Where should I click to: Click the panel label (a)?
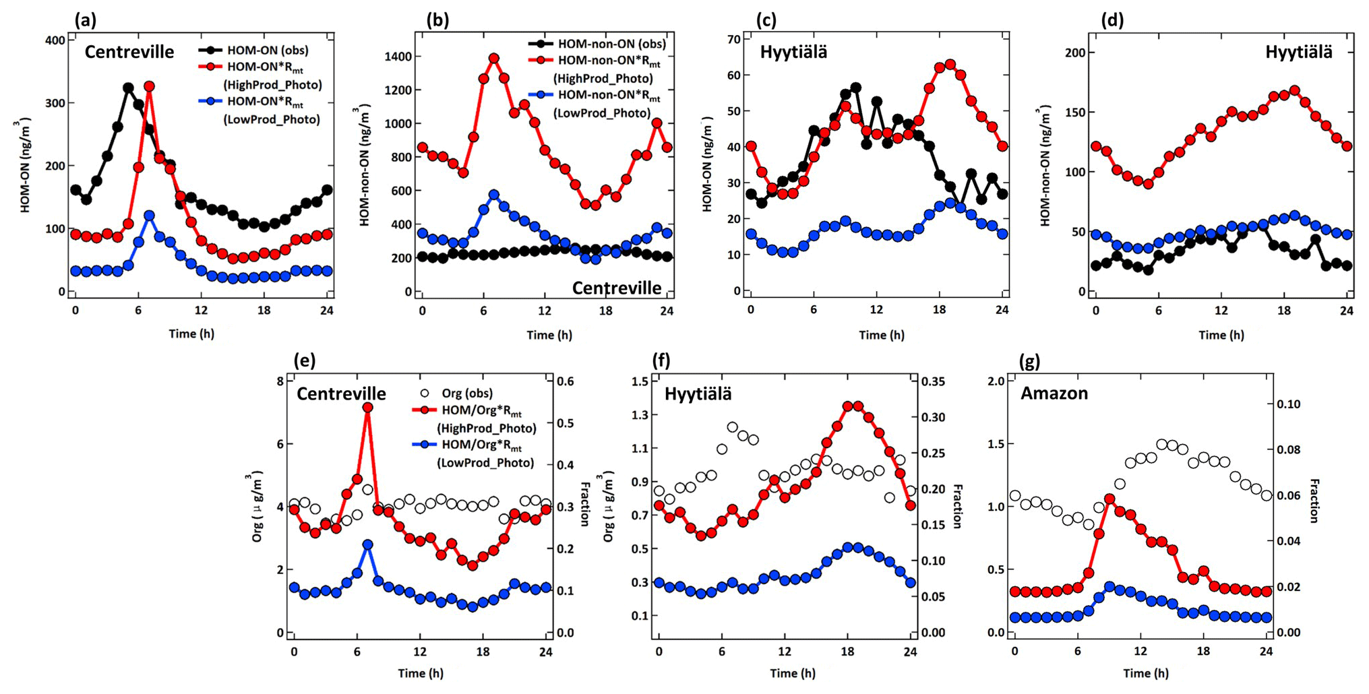coord(86,20)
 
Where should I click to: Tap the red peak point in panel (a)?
coord(150,87)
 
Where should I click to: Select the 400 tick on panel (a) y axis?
coord(57,40)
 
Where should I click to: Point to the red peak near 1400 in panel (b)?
coord(494,59)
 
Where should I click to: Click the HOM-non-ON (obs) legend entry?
coord(611,44)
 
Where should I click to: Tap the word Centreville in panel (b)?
coord(617,288)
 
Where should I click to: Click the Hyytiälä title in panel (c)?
coord(793,52)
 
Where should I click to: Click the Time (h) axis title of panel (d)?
coord(1221,335)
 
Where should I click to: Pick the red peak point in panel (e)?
coord(367,408)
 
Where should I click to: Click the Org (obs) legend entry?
coord(466,393)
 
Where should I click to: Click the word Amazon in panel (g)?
coord(1054,393)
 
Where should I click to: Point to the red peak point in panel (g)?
coord(1109,499)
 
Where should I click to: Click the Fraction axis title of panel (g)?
coord(1314,501)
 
